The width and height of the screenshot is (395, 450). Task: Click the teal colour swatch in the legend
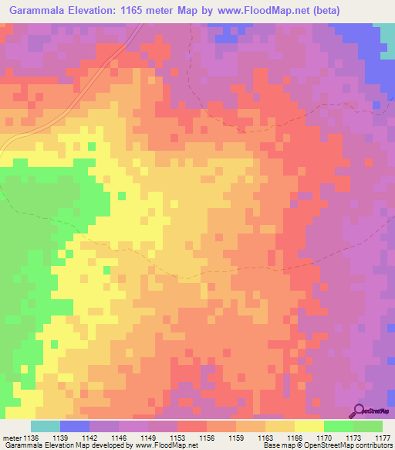click(x=46, y=426)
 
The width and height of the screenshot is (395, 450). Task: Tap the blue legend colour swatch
click(x=75, y=426)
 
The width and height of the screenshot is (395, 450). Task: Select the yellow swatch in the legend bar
click(x=309, y=426)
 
